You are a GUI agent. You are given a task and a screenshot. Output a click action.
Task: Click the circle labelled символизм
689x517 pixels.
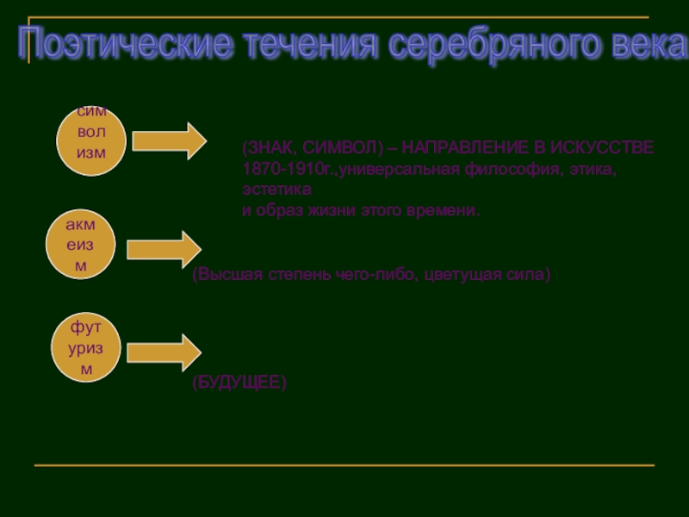[91, 140]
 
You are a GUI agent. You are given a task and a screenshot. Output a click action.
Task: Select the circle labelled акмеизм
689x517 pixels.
[81, 246]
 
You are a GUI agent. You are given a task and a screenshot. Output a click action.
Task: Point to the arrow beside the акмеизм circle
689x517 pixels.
[164, 248]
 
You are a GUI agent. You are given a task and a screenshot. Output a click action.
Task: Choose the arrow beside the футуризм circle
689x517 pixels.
[164, 352]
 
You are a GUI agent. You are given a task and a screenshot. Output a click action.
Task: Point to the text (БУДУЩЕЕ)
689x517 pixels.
[239, 382]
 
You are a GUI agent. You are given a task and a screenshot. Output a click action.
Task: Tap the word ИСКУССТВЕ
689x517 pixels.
[607, 147]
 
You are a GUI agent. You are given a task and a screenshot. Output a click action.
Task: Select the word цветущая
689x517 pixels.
[469, 276]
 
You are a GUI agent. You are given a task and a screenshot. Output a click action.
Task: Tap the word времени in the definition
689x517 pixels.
[444, 210]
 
